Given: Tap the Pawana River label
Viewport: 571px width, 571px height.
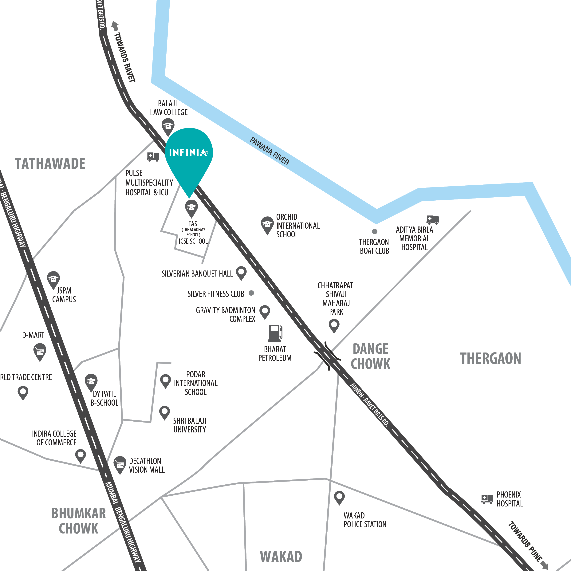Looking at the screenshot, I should (269, 151).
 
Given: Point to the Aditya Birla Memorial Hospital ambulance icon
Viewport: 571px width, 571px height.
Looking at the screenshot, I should (432, 220).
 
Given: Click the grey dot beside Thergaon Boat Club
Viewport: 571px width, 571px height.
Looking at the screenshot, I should (374, 231).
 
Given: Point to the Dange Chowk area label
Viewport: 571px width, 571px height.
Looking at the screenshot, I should (370, 356).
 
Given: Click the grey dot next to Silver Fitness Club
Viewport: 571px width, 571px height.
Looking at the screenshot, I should (251, 293).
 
